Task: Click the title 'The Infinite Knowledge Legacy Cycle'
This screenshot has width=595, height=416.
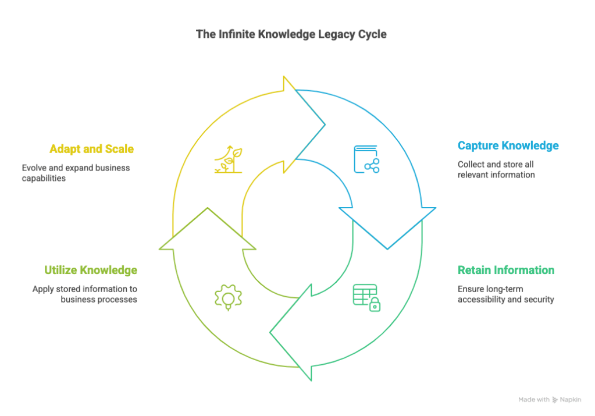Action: pyautogui.click(x=291, y=35)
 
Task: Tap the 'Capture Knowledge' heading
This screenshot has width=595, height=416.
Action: pyautogui.click(x=508, y=145)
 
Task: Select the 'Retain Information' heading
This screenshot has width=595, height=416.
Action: pyautogui.click(x=505, y=271)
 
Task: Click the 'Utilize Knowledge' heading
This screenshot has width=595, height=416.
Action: pyautogui.click(x=91, y=271)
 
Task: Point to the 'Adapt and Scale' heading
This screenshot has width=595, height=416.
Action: pyautogui.click(x=92, y=149)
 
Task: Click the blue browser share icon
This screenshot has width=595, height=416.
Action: pyautogui.click(x=366, y=159)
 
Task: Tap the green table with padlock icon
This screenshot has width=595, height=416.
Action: pyautogui.click(x=366, y=297)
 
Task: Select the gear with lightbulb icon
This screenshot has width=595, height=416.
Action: pyautogui.click(x=228, y=297)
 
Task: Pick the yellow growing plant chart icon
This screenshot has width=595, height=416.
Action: pyautogui.click(x=228, y=159)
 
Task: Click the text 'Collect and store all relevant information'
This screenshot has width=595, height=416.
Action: pyautogui.click(x=496, y=169)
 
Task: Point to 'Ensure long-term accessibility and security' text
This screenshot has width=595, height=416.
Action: pyautogui.click(x=505, y=294)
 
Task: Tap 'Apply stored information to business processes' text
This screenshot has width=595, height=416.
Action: pyautogui.click(x=85, y=294)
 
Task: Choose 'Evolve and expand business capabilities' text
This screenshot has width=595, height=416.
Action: pyautogui.click(x=76, y=173)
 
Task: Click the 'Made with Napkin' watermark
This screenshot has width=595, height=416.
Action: pyautogui.click(x=550, y=400)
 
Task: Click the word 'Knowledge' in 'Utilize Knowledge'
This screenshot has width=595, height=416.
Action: pyautogui.click(x=108, y=271)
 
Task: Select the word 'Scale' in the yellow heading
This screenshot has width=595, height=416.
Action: pyautogui.click(x=119, y=149)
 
